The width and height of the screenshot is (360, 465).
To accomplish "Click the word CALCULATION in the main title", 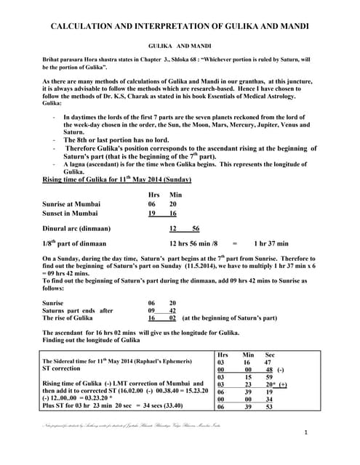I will pos(86,26).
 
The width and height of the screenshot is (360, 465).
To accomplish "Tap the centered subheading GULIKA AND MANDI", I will pos(180,44).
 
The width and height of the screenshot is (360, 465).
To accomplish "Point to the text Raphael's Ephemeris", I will pos(167,360).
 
